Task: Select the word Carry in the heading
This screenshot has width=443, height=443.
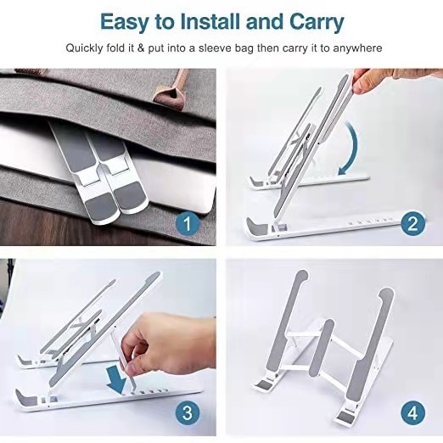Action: point(317,22)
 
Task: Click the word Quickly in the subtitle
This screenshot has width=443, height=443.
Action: point(84,48)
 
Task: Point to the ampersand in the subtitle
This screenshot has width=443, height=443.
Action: point(141,48)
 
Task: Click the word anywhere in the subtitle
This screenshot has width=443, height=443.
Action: point(357,48)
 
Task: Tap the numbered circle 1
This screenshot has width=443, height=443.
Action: point(188,224)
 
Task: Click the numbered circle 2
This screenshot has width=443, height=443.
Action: point(412,224)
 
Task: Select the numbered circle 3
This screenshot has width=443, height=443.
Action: point(188,412)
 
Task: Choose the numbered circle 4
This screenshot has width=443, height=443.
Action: point(412,412)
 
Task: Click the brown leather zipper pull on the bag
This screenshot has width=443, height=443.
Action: point(172,88)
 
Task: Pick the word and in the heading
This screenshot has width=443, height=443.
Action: point(264,21)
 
